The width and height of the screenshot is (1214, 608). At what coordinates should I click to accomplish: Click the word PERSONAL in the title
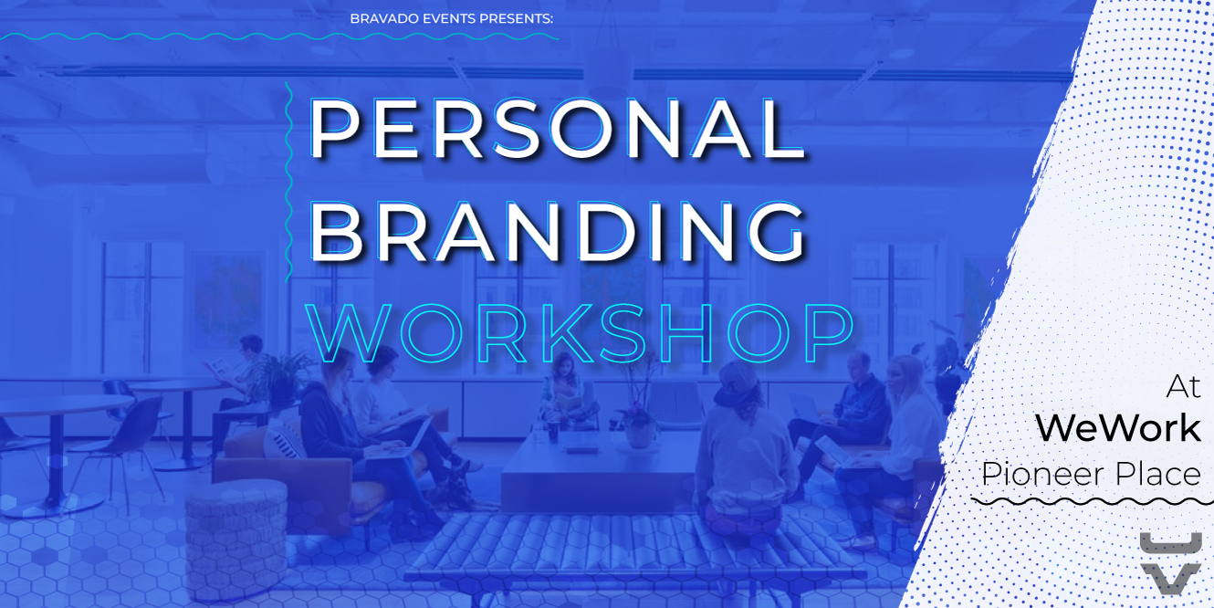point(557,129)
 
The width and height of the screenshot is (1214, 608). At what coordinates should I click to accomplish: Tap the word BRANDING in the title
point(557,232)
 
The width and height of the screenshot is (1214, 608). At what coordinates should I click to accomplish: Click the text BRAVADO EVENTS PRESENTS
point(452,19)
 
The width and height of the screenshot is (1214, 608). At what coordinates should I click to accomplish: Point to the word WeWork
point(1118,427)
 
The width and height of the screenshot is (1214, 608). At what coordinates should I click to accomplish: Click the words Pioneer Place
point(1091,474)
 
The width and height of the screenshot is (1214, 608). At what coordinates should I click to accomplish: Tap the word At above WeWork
point(1184,387)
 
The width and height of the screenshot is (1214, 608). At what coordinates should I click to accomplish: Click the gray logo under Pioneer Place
point(1170,563)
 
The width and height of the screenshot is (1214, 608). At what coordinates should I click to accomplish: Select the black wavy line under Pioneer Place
point(1092,502)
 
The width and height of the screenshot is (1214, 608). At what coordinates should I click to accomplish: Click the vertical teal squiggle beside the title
point(288,182)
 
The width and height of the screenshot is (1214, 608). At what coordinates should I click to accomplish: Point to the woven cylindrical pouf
point(235,540)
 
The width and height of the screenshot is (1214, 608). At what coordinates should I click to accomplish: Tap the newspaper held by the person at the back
point(218,368)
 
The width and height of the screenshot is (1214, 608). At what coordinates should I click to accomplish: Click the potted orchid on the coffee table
point(639,412)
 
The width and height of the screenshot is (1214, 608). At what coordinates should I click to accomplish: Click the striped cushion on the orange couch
point(284,440)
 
